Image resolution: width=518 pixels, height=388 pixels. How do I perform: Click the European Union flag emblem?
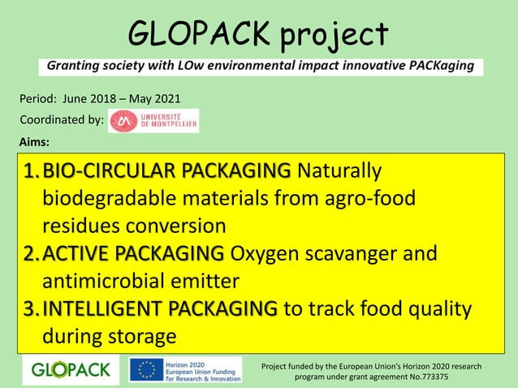[147, 370]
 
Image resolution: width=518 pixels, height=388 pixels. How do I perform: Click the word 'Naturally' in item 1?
[339, 171]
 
